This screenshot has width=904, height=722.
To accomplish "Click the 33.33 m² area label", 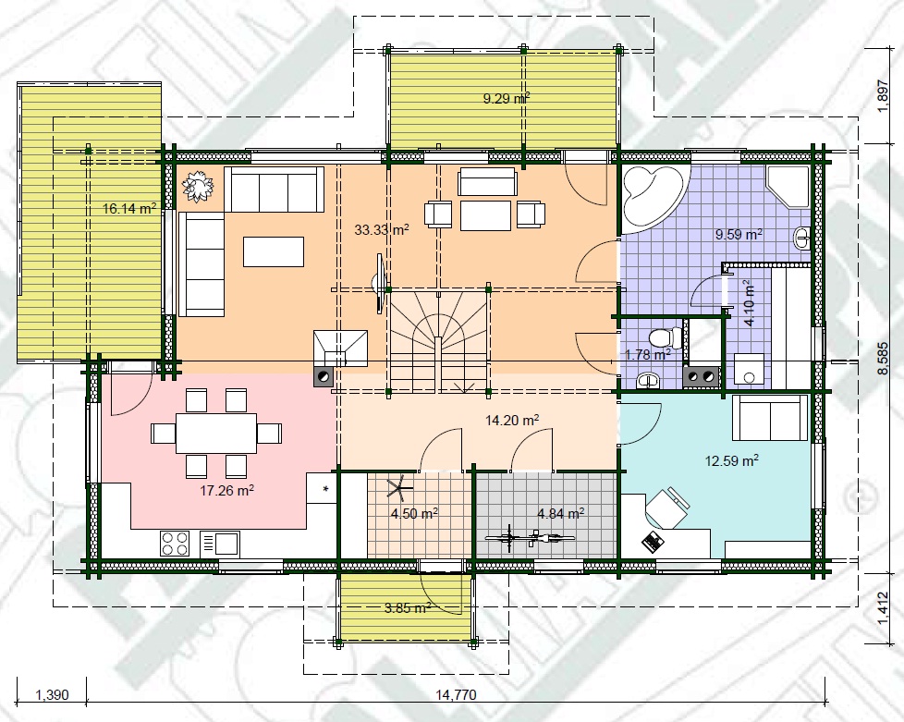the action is point(382,230).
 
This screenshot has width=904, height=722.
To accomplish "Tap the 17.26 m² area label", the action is point(227,491).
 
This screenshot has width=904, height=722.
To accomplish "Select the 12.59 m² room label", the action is point(732,460).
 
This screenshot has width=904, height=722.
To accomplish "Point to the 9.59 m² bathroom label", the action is point(739,234).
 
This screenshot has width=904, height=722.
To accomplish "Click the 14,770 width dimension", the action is point(456,694).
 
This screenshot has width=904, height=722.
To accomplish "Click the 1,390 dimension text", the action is point(52,694).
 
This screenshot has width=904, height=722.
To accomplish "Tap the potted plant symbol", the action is point(198,187).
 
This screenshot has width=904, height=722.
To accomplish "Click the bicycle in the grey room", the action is point(530,538).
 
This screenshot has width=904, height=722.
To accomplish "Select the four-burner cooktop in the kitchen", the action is point(176,544).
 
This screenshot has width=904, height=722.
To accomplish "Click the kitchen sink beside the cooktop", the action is point(220,544).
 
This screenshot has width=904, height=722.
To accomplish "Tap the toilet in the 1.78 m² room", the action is point(663,338).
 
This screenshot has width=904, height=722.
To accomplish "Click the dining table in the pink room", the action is point(216,433).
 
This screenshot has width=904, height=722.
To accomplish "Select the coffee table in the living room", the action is point(274,251).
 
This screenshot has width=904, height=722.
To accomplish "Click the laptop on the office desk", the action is point(652,542).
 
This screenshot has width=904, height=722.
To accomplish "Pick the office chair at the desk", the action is point(666,508).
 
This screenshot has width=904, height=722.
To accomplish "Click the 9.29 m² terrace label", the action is point(507,99).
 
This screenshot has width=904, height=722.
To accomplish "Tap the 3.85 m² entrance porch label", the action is point(408,607).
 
